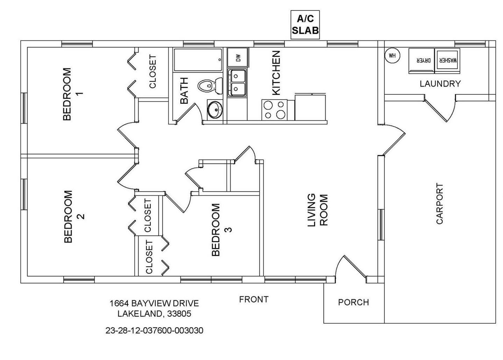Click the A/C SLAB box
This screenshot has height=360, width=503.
(x=305, y=24)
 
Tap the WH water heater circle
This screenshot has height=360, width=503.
(x=392, y=56)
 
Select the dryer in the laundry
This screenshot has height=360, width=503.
(x=421, y=60)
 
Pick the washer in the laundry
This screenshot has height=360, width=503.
(x=447, y=60)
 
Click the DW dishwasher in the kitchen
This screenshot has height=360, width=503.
(x=238, y=57)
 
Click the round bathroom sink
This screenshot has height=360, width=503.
(x=214, y=110)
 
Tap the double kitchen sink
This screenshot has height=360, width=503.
(x=237, y=82)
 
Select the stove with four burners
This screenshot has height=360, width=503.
(x=274, y=110)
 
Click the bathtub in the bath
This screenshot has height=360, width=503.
(x=198, y=60)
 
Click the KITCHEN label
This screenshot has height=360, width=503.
(x=276, y=73)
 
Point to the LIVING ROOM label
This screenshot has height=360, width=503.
(x=318, y=210)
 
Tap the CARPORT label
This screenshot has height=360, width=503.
(x=440, y=203)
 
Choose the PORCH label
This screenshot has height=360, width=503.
(x=353, y=302)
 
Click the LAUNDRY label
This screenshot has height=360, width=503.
(x=440, y=84)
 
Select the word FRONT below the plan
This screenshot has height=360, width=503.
(x=254, y=300)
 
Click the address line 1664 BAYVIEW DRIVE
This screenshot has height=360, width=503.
(x=154, y=303)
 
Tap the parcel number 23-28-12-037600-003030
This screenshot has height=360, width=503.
(x=154, y=330)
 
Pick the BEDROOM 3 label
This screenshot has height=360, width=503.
(x=221, y=230)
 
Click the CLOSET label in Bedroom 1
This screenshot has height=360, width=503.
(x=153, y=72)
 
